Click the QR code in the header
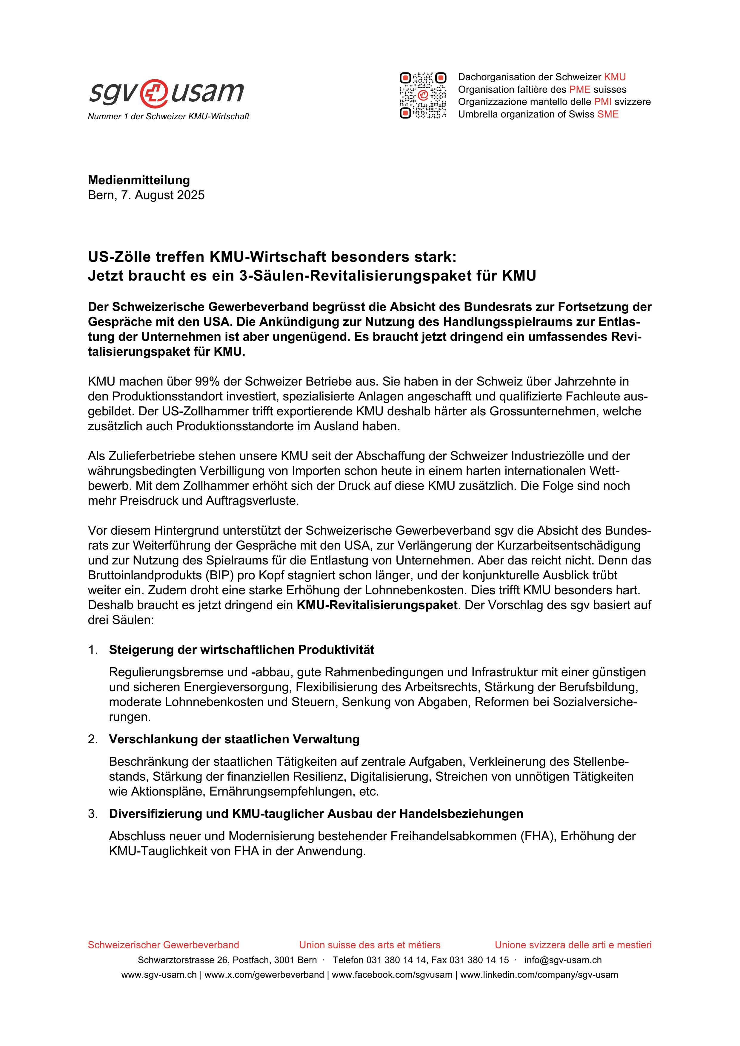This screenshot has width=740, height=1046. (423, 96)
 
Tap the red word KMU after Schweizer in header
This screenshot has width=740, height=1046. (615, 77)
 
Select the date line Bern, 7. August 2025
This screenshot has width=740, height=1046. (146, 195)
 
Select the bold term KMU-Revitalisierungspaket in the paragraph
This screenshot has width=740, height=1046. (377, 606)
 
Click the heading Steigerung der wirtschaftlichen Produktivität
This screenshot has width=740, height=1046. (241, 650)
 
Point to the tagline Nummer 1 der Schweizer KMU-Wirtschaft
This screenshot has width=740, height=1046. (168, 117)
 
